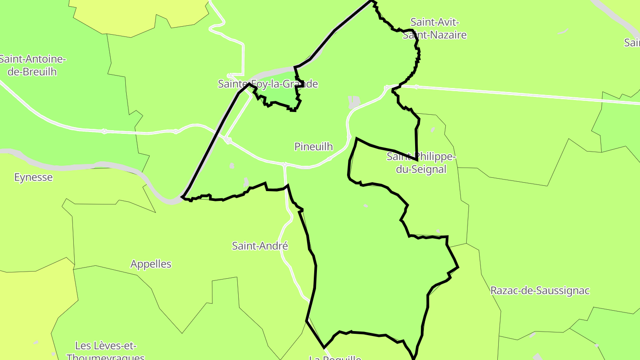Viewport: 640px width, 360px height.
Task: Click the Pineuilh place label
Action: [313, 147]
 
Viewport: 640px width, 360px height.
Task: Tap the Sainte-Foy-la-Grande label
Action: [268, 84]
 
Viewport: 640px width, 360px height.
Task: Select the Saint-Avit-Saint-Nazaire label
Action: [435, 28]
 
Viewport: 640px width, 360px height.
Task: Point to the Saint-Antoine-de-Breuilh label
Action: [32, 65]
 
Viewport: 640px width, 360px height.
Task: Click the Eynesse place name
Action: [33, 177]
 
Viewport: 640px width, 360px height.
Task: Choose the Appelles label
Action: [151, 264]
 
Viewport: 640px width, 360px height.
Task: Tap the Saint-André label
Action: [260, 246]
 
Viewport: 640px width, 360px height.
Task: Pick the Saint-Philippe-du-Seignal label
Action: [421, 163]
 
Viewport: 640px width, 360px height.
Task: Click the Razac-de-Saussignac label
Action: [540, 291]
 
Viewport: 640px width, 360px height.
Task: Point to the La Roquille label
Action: [335, 357]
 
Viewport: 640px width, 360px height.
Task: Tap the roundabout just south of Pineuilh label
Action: [285, 164]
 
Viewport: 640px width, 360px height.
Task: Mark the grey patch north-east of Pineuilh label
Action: [354, 102]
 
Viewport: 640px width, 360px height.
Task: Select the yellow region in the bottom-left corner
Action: [27, 311]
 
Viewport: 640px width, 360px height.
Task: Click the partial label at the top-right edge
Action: [632, 43]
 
